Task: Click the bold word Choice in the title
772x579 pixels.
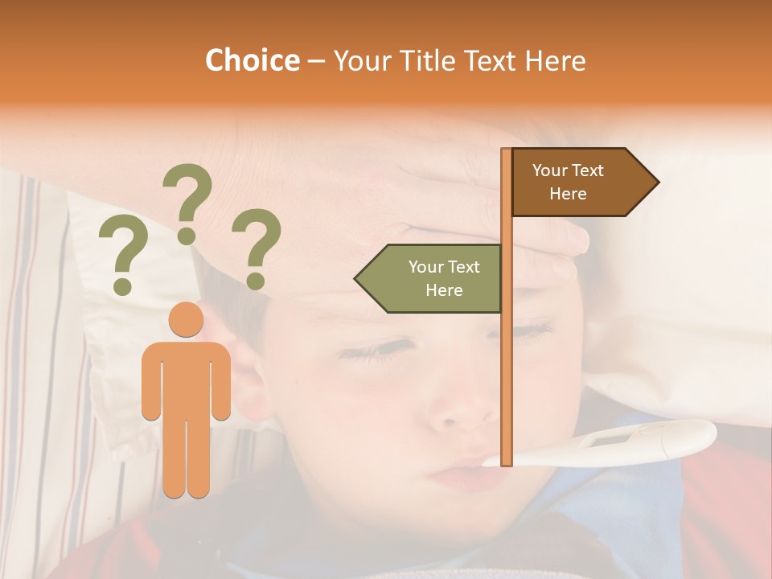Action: tap(252, 60)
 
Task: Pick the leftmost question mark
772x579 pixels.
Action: tap(122, 257)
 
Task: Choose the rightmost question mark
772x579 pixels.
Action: tap(257, 248)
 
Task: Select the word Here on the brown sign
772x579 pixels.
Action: tap(568, 194)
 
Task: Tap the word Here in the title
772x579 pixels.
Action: tap(555, 60)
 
